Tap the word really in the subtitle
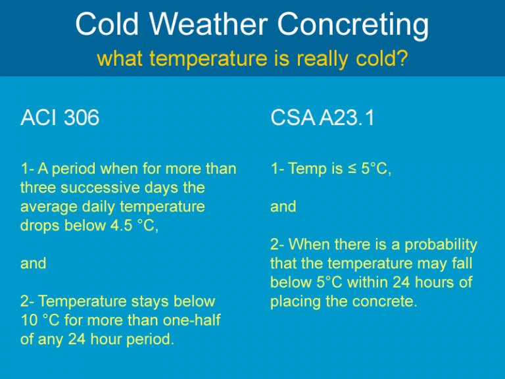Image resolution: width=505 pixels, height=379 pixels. tap(306, 59)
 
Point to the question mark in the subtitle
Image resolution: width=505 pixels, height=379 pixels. tap(402, 59)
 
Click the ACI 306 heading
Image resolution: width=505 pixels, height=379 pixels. tap(60, 118)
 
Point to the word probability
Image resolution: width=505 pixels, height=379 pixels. tap(441, 245)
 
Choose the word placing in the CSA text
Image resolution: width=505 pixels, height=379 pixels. tap(294, 303)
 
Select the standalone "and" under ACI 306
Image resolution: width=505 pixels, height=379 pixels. tap(33, 264)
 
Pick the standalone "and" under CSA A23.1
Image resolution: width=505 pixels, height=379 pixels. tap(283, 207)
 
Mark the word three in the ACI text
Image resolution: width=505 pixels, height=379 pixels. tap(37, 188)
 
